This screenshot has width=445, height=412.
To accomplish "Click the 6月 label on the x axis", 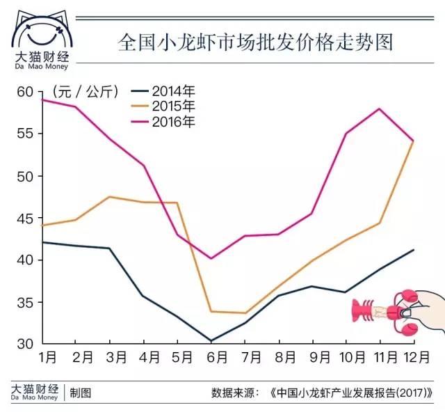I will pyautogui.click(x=216, y=358).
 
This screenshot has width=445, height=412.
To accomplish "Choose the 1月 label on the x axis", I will pyautogui.click(x=47, y=358).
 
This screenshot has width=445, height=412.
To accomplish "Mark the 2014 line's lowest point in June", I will pyautogui.click(x=211, y=341).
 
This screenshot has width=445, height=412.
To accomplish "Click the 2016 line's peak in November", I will pyautogui.click(x=380, y=109).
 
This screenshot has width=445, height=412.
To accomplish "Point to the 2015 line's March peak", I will pyautogui.click(x=109, y=196).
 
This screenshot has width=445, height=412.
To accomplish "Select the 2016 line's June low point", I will pyautogui.click(x=211, y=258).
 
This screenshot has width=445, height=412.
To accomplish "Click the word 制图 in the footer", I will pyautogui.click(x=81, y=393).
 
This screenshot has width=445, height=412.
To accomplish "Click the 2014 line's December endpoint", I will pyautogui.click(x=414, y=250).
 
